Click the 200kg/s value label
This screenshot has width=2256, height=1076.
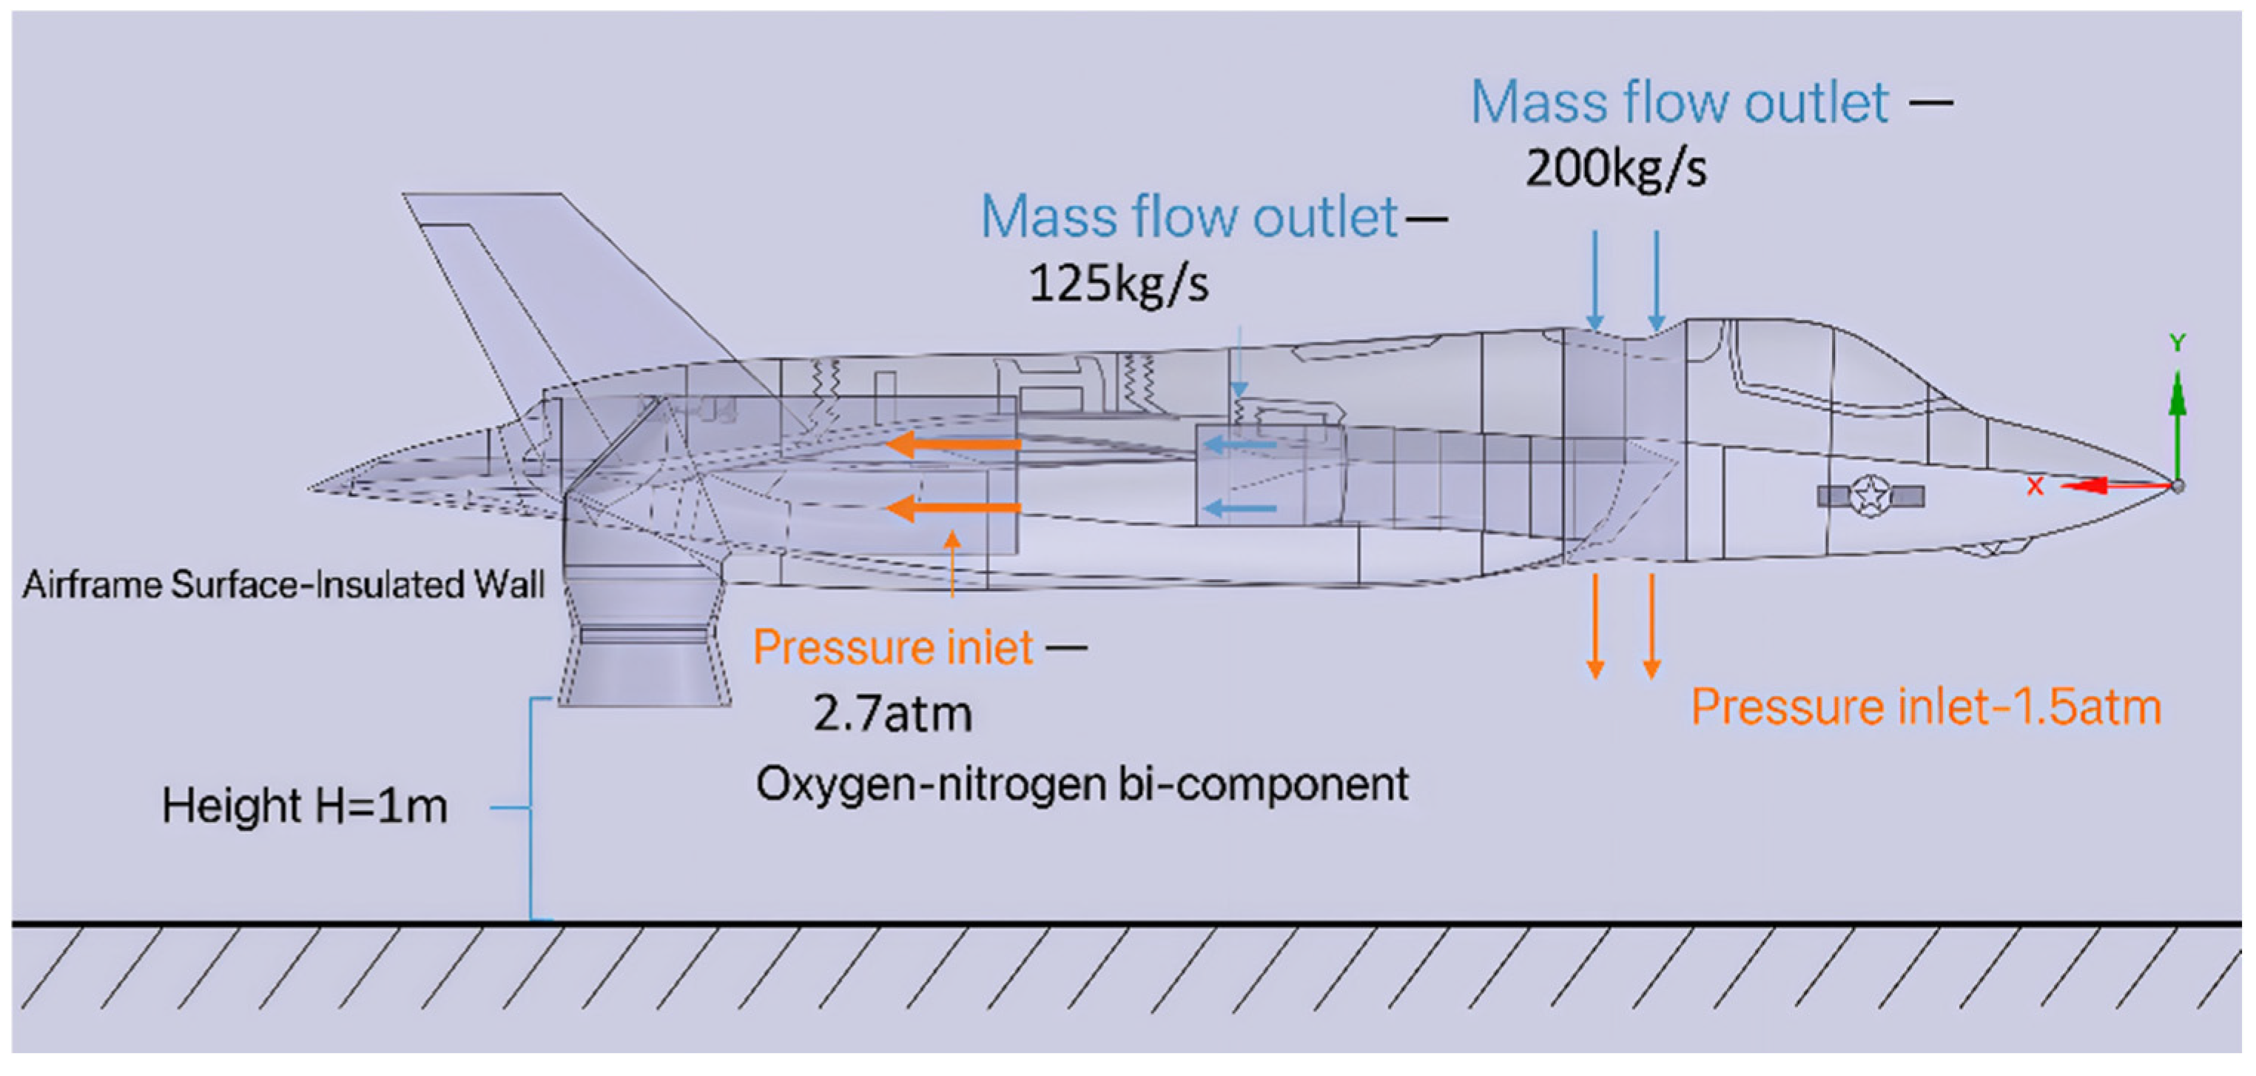[1615, 168]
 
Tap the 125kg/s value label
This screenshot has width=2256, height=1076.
[1117, 284]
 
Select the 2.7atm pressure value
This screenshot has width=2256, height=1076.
[892, 713]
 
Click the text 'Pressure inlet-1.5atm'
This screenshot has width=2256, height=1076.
[1925, 706]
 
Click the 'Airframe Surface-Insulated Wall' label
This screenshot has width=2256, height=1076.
[283, 584]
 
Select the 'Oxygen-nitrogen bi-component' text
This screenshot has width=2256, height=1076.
[1082, 783]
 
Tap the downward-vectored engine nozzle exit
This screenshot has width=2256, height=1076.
[644, 675]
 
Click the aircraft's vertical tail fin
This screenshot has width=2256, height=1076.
[561, 281]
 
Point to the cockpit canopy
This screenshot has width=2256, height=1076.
[1831, 368]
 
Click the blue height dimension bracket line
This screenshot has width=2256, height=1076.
[531, 806]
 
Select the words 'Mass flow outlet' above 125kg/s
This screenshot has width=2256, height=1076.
[1188, 217]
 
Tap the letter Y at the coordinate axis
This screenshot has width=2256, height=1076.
[2177, 343]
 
